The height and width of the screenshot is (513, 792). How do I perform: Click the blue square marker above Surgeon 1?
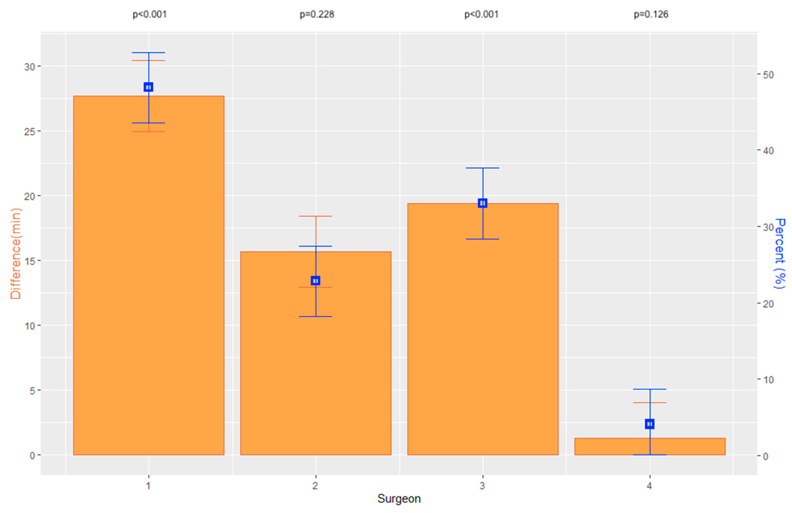click(148, 87)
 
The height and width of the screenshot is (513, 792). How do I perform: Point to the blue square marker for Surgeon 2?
click(315, 281)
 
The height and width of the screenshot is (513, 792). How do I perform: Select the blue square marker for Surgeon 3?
click(483, 203)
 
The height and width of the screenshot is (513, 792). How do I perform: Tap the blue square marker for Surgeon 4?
click(650, 424)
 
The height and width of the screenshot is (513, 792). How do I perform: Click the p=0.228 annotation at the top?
click(316, 14)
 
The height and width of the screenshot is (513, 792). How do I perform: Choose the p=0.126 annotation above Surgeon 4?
click(651, 14)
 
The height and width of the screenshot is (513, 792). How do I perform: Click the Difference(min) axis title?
click(15, 254)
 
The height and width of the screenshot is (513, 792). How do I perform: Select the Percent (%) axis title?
click(780, 253)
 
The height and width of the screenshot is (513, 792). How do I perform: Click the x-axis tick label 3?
click(482, 486)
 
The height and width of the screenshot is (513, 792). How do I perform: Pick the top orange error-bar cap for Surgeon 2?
click(315, 216)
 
